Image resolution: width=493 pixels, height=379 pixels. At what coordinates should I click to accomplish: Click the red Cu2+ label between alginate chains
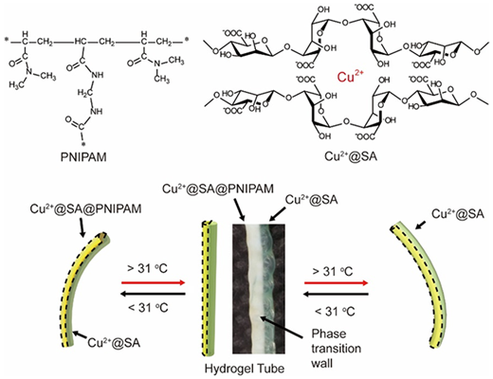[x=351, y=77]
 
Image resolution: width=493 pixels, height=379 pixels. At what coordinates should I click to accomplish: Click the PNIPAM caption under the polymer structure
[x=83, y=157]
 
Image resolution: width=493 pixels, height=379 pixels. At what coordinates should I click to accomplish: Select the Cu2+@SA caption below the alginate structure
[x=351, y=156]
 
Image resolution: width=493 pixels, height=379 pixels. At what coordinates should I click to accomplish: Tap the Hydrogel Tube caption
[x=245, y=369]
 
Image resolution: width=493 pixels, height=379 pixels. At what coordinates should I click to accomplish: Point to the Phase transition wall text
[x=336, y=349]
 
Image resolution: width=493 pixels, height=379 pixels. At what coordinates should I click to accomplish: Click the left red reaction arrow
[x=153, y=282]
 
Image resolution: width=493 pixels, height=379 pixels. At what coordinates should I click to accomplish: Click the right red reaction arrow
[x=337, y=283]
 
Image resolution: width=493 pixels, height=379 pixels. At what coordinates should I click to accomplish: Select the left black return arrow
[x=153, y=295]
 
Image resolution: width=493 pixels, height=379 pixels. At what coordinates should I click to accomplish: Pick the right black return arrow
[x=336, y=295]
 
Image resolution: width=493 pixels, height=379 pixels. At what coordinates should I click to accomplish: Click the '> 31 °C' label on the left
[x=147, y=269]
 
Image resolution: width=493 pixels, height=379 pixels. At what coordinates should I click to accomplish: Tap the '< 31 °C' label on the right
[x=335, y=312]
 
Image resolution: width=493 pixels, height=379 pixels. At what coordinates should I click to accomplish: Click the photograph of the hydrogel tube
[x=259, y=289]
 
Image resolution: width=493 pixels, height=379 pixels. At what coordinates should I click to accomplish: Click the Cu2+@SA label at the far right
[x=458, y=214]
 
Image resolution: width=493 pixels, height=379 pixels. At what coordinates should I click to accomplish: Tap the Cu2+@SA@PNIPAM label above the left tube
[x=85, y=209]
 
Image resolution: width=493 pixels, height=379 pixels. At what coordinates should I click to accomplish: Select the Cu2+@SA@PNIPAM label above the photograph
[x=218, y=189]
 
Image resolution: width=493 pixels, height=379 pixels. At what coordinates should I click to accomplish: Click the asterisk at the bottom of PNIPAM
[x=83, y=145]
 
